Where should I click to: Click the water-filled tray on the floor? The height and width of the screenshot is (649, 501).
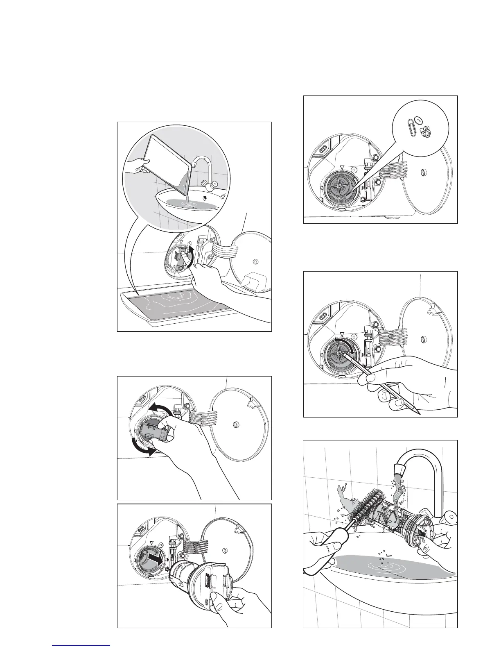[192, 307]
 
